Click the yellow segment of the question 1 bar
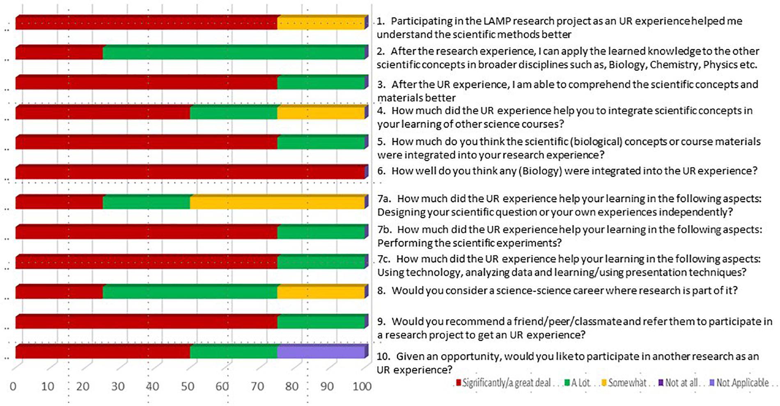pos(321,22)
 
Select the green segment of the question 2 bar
pos(234,52)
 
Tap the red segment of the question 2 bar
pos(60,52)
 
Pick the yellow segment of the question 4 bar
pos(321,112)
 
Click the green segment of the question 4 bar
pos(234,112)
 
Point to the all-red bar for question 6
pos(190,172)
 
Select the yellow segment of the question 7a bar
pos(278,202)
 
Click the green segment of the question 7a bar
pos(147,202)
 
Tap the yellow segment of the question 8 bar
pos(321,291)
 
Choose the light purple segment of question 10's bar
pos(321,351)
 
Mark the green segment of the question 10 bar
pos(234,351)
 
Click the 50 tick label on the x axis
pos(188,386)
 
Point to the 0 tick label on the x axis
pos(13,386)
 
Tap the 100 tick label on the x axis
pos(362,386)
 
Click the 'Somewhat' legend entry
pos(624,383)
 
